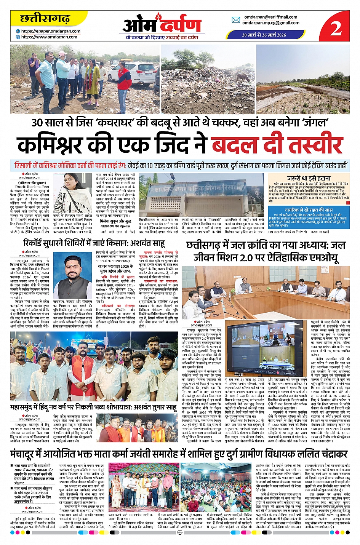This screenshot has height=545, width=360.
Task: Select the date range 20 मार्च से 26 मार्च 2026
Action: pos(264,35)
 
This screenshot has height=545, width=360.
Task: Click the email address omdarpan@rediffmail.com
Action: pos(270,17)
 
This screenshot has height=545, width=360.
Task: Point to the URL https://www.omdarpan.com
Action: pos(49,37)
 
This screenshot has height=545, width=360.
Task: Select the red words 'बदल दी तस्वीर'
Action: pos(277,145)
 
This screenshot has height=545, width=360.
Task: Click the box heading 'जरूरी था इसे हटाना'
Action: pos(309,178)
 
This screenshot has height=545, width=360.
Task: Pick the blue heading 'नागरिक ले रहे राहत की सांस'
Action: pos(309,210)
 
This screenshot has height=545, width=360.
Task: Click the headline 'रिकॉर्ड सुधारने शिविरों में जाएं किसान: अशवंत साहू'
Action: pos(94,243)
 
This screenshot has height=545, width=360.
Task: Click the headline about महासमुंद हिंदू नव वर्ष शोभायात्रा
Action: pos(93,407)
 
